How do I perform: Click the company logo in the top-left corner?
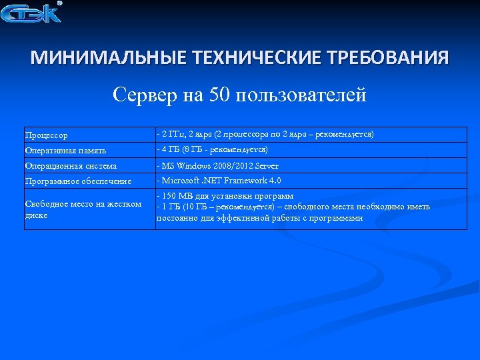pos(31,13)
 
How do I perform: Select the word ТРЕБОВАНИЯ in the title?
pos(391,58)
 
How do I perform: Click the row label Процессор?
pos(46,135)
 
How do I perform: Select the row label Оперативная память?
pos(65,151)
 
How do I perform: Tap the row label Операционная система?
pos(71,166)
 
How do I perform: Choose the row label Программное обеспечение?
pos(78,181)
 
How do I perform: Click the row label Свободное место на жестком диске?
pos(83,209)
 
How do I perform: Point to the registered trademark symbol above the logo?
pos(59,3)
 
